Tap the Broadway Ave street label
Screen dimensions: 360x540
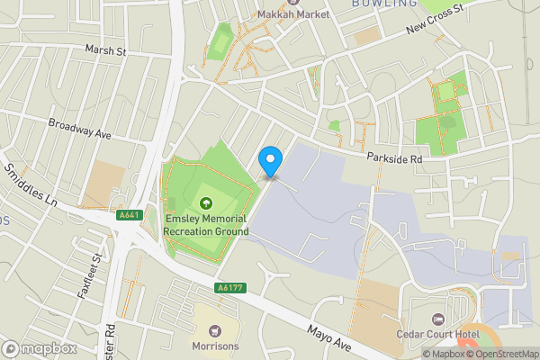(79, 129)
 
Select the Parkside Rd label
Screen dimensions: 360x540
(394, 158)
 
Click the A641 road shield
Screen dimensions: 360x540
(128, 215)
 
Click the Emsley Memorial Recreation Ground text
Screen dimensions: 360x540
(206, 225)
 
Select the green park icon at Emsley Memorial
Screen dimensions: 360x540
(206, 203)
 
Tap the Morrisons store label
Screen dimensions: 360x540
(214, 345)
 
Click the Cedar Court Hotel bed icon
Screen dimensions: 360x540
(437, 319)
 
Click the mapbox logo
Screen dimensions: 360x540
(38, 348)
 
